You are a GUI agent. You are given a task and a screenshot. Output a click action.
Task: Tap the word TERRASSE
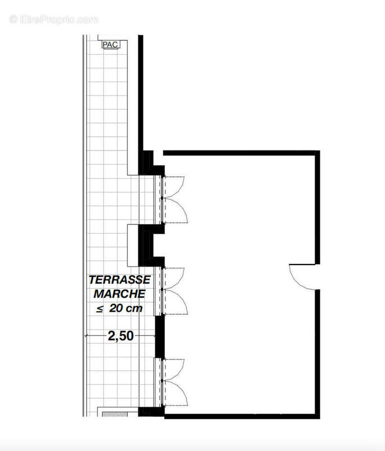tap(119, 280)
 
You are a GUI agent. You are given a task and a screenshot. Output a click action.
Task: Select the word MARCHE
tap(119, 294)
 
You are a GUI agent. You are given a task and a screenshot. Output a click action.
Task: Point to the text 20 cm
tap(126, 308)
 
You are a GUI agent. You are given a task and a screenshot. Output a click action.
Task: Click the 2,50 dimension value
tap(120, 336)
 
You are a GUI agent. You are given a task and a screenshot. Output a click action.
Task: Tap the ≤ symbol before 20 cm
tap(100, 308)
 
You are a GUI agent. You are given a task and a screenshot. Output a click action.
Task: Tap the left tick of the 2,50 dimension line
tap(86, 336)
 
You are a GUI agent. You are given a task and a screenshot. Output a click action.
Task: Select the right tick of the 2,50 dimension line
tap(154, 336)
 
